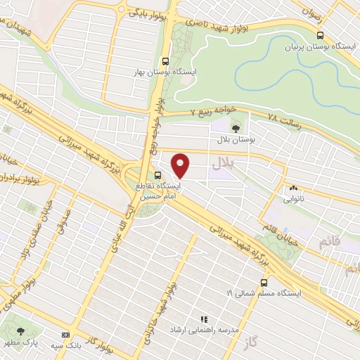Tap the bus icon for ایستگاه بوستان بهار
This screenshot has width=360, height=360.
click(x=165, y=60)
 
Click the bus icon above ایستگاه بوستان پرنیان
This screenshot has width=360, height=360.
click(x=321, y=34)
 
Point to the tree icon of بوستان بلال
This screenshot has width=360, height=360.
click(x=235, y=128)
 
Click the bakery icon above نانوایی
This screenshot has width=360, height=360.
click(x=293, y=188)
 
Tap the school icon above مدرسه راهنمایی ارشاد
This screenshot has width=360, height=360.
click(x=204, y=319)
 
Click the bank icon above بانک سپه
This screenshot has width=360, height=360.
click(x=66, y=335)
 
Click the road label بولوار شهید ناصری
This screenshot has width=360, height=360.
click(x=238, y=22)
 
